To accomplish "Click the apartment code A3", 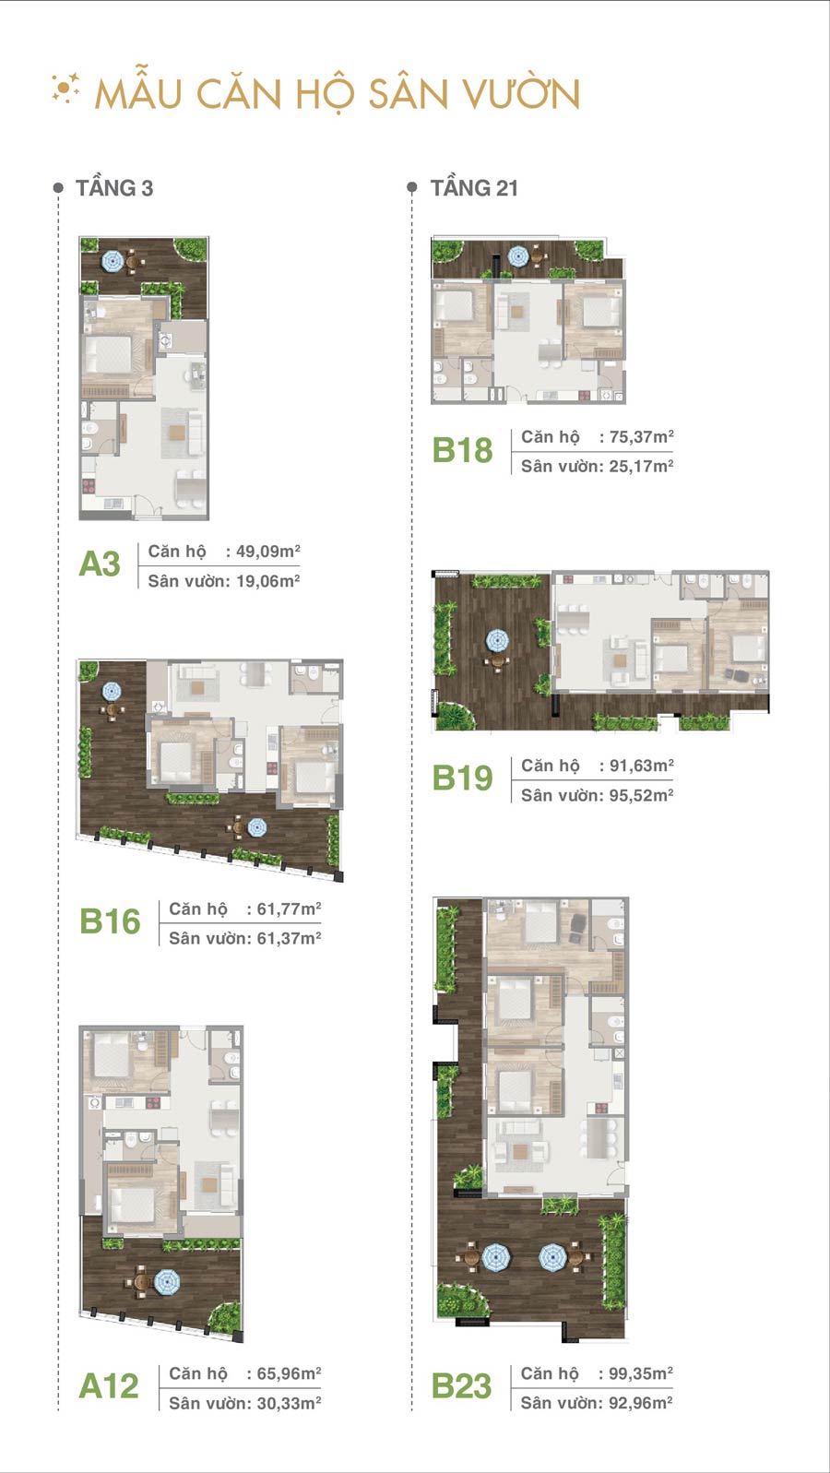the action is (x=100, y=564).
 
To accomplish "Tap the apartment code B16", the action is (x=110, y=921).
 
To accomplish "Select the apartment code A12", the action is (x=109, y=1386).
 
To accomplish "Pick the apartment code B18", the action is (x=462, y=450).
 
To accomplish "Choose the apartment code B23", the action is (x=461, y=1386).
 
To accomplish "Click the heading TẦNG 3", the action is (x=114, y=188).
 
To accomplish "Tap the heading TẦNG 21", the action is (x=474, y=188).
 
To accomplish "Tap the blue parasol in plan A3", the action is (x=113, y=261).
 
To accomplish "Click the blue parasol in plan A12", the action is (x=167, y=1281).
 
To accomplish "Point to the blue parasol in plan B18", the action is (x=518, y=256).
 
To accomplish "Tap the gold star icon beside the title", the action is (x=65, y=89).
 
